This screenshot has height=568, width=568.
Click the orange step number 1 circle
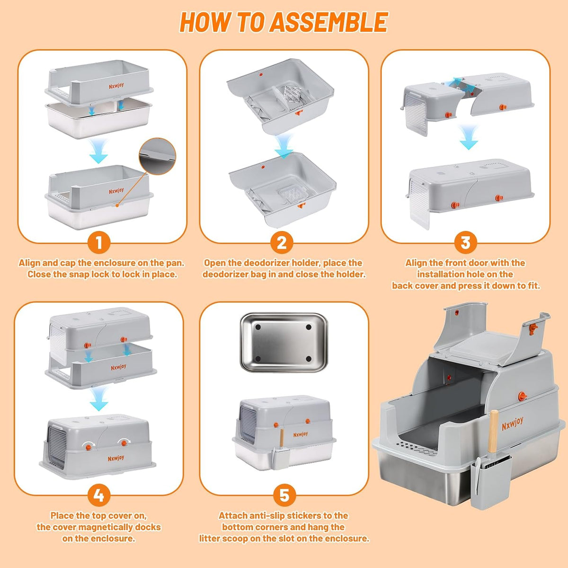pyautogui.click(x=99, y=243)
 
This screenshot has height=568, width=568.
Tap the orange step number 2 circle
pyautogui.click(x=282, y=243)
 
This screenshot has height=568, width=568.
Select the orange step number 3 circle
pyautogui.click(x=465, y=243)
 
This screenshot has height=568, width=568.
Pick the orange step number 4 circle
pyautogui.click(x=99, y=495)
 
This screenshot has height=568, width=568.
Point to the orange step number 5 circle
pyautogui.click(x=284, y=495)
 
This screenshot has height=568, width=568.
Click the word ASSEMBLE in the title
pyautogui.click(x=328, y=22)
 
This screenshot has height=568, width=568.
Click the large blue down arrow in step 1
pyautogui.click(x=99, y=151)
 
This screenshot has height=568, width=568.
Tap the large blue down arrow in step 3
pyautogui.click(x=469, y=137)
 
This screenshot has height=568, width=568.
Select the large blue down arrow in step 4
pyautogui.click(x=99, y=399)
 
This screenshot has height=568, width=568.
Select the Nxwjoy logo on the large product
pyautogui.click(x=513, y=424)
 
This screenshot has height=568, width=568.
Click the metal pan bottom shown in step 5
pyautogui.click(x=284, y=343)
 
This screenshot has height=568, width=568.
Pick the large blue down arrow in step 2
pyautogui.click(x=284, y=145)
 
